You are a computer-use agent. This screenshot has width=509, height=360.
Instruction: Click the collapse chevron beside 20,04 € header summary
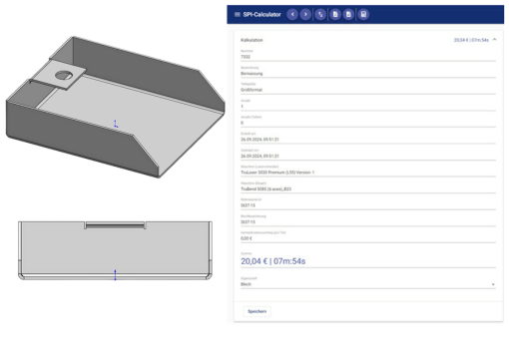pos(496,40)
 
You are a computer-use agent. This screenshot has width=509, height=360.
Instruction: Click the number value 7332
pos(246,57)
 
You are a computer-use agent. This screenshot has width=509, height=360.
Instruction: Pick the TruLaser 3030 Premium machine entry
pos(284,171)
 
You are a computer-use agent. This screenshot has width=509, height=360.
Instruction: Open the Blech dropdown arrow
pos(494,284)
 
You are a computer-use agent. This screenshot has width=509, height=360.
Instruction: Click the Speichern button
pos(257,311)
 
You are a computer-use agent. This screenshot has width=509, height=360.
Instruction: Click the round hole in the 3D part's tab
pos(63,75)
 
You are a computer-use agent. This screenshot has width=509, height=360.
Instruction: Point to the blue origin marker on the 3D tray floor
pos(116,125)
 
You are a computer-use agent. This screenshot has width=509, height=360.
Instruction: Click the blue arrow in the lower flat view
pos(115,274)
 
